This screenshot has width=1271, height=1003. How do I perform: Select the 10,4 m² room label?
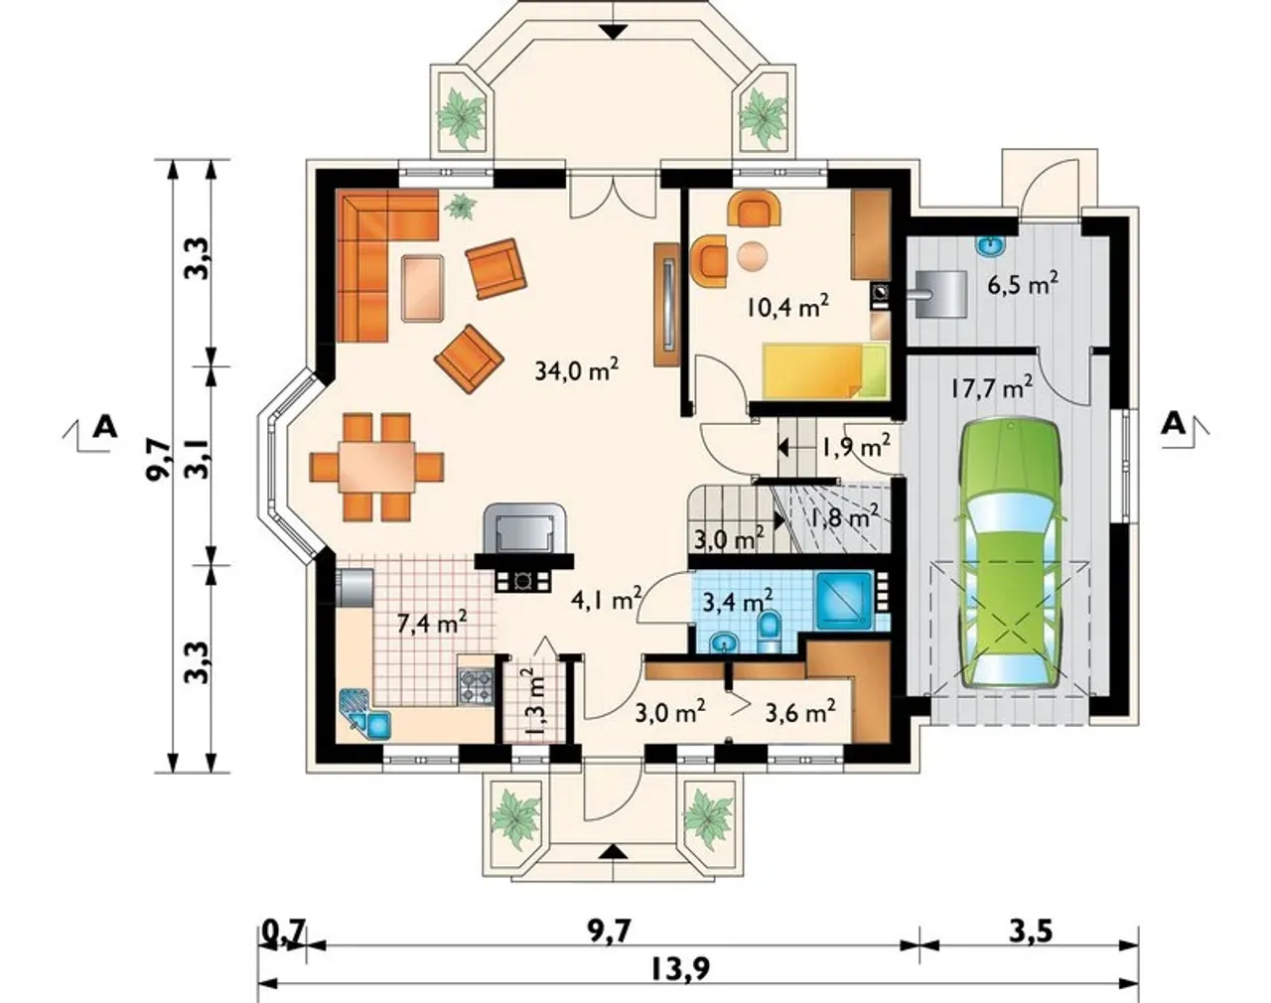click(x=787, y=308)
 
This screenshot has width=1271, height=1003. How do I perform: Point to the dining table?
click(x=376, y=468)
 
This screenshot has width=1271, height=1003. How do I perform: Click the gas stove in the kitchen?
click(x=476, y=686)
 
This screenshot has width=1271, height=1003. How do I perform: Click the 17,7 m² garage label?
click(x=992, y=388)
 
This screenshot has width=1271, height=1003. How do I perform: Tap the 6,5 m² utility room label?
click(x=1023, y=286)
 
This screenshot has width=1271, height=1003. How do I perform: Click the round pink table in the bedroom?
click(x=752, y=257)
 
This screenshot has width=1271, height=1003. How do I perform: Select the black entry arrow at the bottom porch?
click(x=615, y=851)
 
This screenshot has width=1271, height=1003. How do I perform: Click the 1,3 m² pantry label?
click(x=534, y=700)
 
